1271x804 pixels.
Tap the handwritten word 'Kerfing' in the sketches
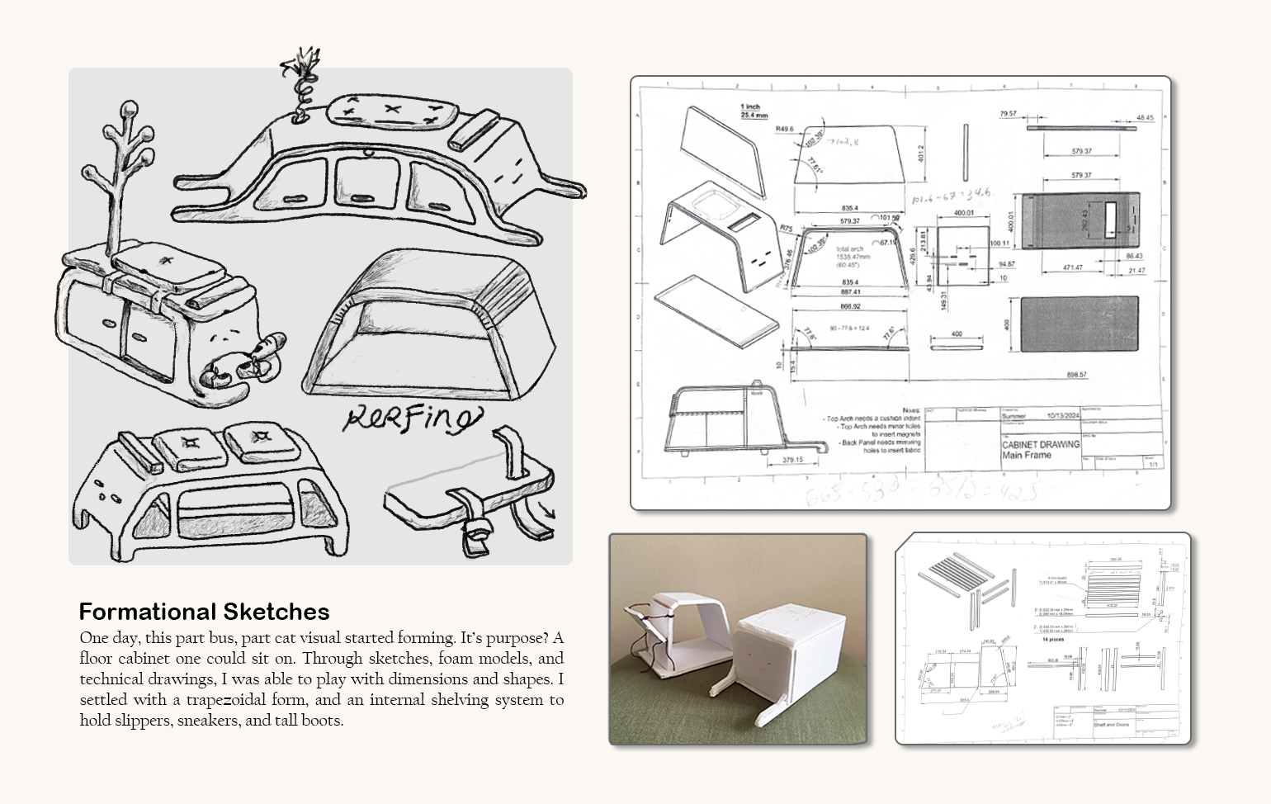[x=411, y=419]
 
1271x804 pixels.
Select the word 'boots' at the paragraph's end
[x=321, y=720]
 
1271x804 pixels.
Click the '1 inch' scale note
[x=751, y=106]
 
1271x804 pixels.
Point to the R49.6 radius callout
[x=784, y=130]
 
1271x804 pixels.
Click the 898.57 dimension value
[x=1076, y=375]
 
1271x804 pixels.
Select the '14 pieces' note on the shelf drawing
[x=1054, y=640]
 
